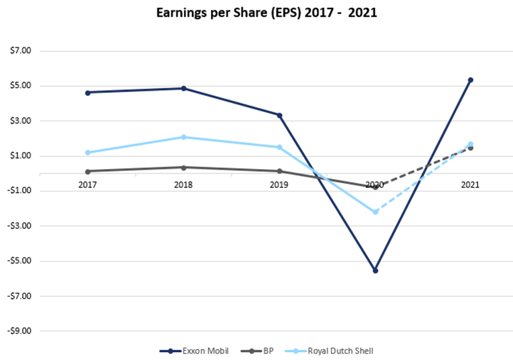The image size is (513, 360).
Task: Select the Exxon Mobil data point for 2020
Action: click(375, 270)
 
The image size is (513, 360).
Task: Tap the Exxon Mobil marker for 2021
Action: click(470, 80)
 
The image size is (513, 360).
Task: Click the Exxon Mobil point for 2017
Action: click(88, 92)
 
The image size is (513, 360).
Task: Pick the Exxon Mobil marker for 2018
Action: click(183, 89)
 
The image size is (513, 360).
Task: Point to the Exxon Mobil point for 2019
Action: click(279, 115)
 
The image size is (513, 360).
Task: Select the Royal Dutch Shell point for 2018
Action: click(183, 137)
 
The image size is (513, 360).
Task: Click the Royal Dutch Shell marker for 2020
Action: click(375, 212)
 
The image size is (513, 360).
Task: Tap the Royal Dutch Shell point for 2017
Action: click(88, 153)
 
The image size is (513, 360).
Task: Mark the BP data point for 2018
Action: click(183, 167)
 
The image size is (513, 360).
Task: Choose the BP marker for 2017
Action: click(88, 171)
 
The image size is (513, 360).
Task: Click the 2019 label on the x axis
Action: click(279, 185)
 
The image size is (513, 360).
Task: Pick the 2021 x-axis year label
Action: click(470, 185)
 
